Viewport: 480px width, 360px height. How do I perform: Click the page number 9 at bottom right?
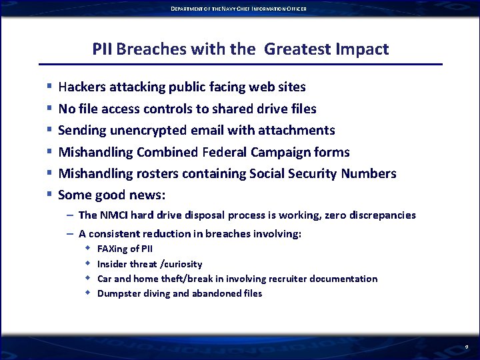(467, 347)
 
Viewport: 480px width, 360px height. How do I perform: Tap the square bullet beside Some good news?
(49, 195)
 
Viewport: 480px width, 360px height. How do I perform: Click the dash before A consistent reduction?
(70, 234)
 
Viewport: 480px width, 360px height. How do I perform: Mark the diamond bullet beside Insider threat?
(87, 264)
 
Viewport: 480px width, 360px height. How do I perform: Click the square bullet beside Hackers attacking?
(49, 87)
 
